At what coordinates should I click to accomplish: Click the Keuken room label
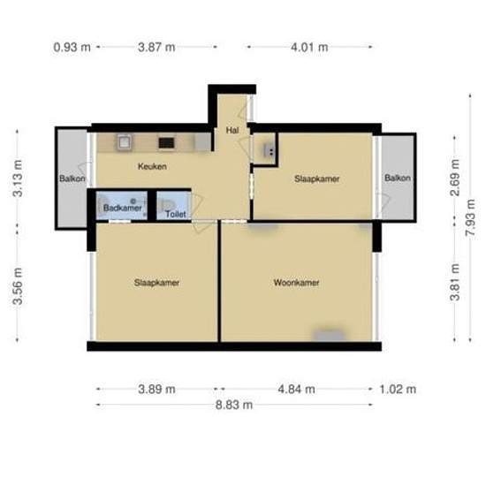152,166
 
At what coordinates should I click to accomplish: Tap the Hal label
232,130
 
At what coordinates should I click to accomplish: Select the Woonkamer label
296,283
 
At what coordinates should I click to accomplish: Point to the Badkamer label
123,208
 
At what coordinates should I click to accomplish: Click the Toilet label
176,214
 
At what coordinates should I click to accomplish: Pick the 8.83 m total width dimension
234,405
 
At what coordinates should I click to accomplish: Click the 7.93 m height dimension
470,217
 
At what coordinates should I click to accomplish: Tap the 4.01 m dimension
309,48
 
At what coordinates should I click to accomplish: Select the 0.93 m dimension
72,48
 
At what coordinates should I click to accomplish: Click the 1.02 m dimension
398,389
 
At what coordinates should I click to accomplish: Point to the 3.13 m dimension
18,178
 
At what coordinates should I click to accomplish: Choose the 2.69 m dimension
455,178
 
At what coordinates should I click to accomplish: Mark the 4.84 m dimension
296,389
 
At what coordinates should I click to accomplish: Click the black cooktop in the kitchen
166,143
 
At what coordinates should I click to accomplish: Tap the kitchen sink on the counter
125,143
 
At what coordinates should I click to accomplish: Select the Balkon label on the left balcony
72,178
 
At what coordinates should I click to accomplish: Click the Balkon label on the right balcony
398,178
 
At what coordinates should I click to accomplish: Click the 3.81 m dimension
455,282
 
